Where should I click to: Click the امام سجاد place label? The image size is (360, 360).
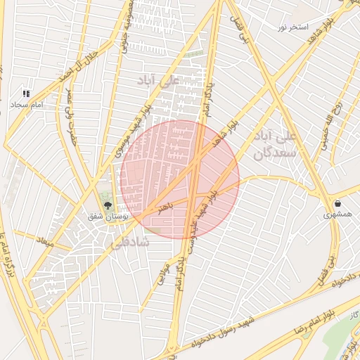tap(27, 105)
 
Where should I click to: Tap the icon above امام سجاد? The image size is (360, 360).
tap(26, 94)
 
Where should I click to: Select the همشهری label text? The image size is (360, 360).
tap(339, 214)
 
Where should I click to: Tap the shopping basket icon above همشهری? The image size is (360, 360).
tap(339, 203)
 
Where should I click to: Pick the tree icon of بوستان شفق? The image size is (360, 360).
tap(108, 205)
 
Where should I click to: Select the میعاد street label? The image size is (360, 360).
tap(45, 243)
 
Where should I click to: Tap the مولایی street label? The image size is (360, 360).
tap(162, 275)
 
